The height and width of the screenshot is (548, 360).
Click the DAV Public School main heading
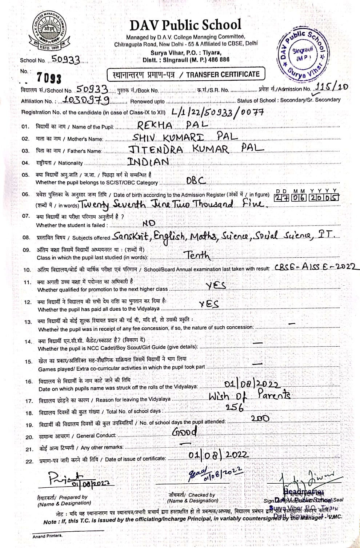[185, 25]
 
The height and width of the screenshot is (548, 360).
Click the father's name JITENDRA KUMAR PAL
[196, 148]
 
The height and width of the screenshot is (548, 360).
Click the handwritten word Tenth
[198, 255]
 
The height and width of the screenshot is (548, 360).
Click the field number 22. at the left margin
[29, 461]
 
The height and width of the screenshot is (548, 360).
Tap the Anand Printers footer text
[47, 536]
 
